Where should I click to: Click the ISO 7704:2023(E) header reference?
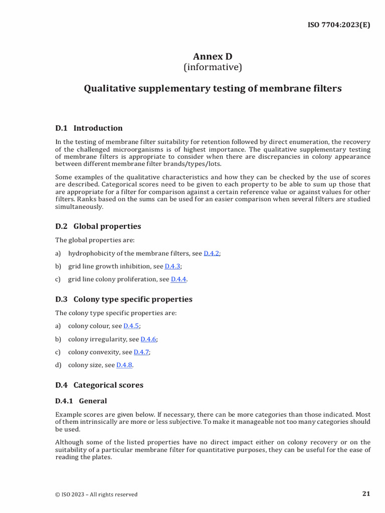pyautogui.click(x=338, y=25)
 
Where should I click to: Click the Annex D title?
pyautogui.click(x=213, y=57)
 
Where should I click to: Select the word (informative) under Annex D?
pyautogui.click(x=213, y=67)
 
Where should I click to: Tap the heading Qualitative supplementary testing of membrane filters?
pyautogui.click(x=213, y=89)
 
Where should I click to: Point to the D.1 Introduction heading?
pyautogui.click(x=89, y=128)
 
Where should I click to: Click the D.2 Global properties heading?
pyautogui.click(x=98, y=226)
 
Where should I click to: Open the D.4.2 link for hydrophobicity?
pyautogui.click(x=211, y=253)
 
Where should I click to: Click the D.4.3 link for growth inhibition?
pyautogui.click(x=172, y=267)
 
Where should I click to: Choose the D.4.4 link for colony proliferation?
pyautogui.click(x=178, y=280)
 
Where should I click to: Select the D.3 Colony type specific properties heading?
pyautogui.click(x=123, y=299)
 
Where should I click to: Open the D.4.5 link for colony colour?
pyautogui.click(x=131, y=326)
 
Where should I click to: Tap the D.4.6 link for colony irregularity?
pyautogui.click(x=148, y=339)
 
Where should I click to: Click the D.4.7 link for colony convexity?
pyautogui.click(x=141, y=352)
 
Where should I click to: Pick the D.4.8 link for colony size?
pyautogui.click(x=124, y=365)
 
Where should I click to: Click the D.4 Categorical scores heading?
pyautogui.click(x=99, y=385)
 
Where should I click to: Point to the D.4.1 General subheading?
pyautogui.click(x=81, y=401)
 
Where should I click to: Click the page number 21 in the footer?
pyautogui.click(x=366, y=494)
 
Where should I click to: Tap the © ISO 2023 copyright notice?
pyautogui.click(x=96, y=494)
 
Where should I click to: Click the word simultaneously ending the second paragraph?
pyautogui.click(x=79, y=206)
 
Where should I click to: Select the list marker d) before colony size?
pyautogui.click(x=58, y=365)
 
